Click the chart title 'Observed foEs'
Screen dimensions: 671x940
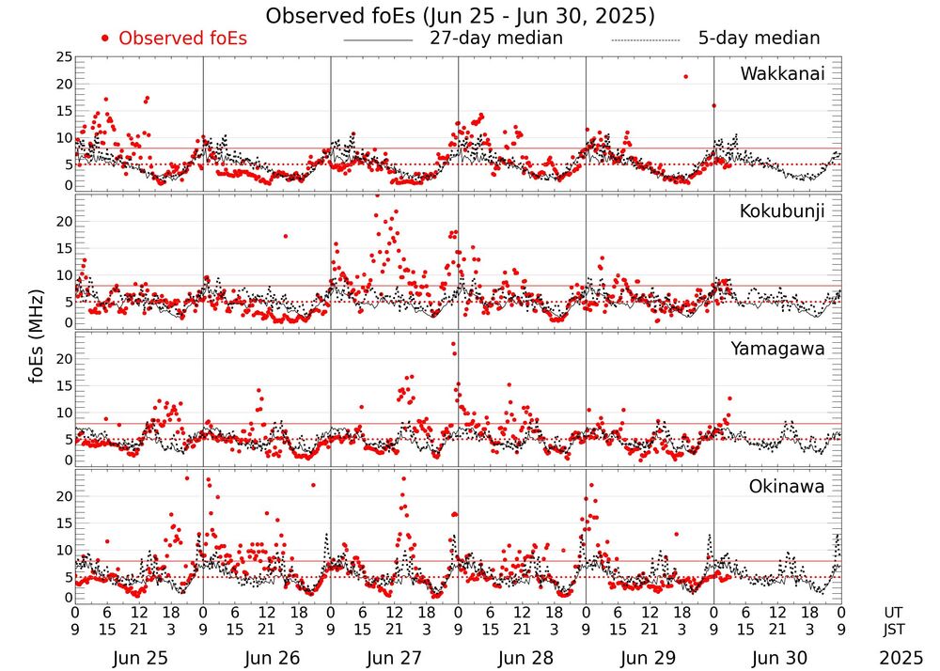click(x=460, y=16)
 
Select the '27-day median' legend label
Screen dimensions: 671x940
click(x=495, y=39)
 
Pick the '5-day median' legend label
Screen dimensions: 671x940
click(x=759, y=39)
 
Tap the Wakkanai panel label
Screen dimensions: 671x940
click(x=782, y=74)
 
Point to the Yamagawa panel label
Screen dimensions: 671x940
click(x=777, y=350)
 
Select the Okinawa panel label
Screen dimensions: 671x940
click(x=786, y=487)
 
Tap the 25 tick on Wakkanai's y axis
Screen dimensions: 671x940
click(x=63, y=57)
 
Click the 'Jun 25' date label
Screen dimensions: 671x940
click(x=139, y=658)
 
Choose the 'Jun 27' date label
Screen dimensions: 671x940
click(x=394, y=658)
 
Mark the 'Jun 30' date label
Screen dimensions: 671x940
click(x=776, y=658)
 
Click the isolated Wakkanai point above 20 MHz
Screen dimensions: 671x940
click(x=686, y=76)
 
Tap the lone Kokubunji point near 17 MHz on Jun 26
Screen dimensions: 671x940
click(x=286, y=236)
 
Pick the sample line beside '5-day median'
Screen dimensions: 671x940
click(x=645, y=40)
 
